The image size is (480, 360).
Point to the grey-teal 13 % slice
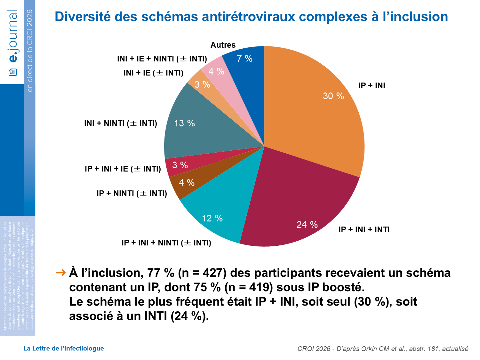(189, 128)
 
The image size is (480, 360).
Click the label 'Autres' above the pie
(223, 45)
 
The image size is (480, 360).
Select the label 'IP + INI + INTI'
(364, 229)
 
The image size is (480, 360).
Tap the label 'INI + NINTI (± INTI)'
(121, 124)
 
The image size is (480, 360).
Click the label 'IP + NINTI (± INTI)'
(132, 194)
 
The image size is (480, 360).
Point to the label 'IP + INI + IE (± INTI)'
(123, 169)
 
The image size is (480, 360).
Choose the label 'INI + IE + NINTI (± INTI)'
(162, 59)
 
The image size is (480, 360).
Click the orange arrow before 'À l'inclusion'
(60, 273)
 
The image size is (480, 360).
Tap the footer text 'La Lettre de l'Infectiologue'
(64, 348)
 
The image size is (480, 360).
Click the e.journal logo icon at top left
(13, 72)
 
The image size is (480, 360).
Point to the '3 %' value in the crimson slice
(180, 165)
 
